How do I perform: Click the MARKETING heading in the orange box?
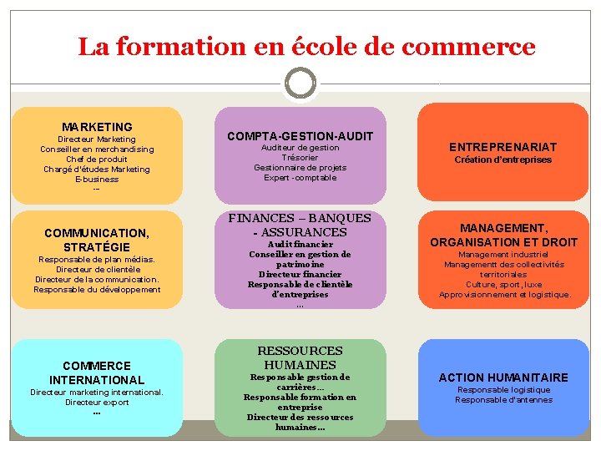click(97, 127)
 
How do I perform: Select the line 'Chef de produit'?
click(97, 159)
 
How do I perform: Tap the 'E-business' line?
click(97, 179)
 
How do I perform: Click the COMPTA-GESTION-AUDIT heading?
click(300, 135)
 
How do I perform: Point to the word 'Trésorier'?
click(300, 157)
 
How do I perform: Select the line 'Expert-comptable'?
click(300, 177)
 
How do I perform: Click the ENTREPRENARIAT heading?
click(503, 146)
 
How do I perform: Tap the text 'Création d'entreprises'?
click(503, 160)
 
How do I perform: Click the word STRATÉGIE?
click(97, 246)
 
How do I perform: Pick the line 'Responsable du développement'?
click(97, 289)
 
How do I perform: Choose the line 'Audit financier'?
click(300, 244)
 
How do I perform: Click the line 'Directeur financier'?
click(300, 274)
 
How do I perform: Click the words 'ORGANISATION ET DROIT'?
click(503, 242)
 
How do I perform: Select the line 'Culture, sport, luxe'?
click(503, 284)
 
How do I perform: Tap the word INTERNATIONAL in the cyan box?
click(97, 380)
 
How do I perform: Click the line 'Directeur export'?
click(97, 402)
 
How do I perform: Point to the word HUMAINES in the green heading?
click(300, 364)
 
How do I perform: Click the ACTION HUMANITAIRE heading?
click(503, 378)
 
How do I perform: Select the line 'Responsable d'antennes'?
click(503, 399)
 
